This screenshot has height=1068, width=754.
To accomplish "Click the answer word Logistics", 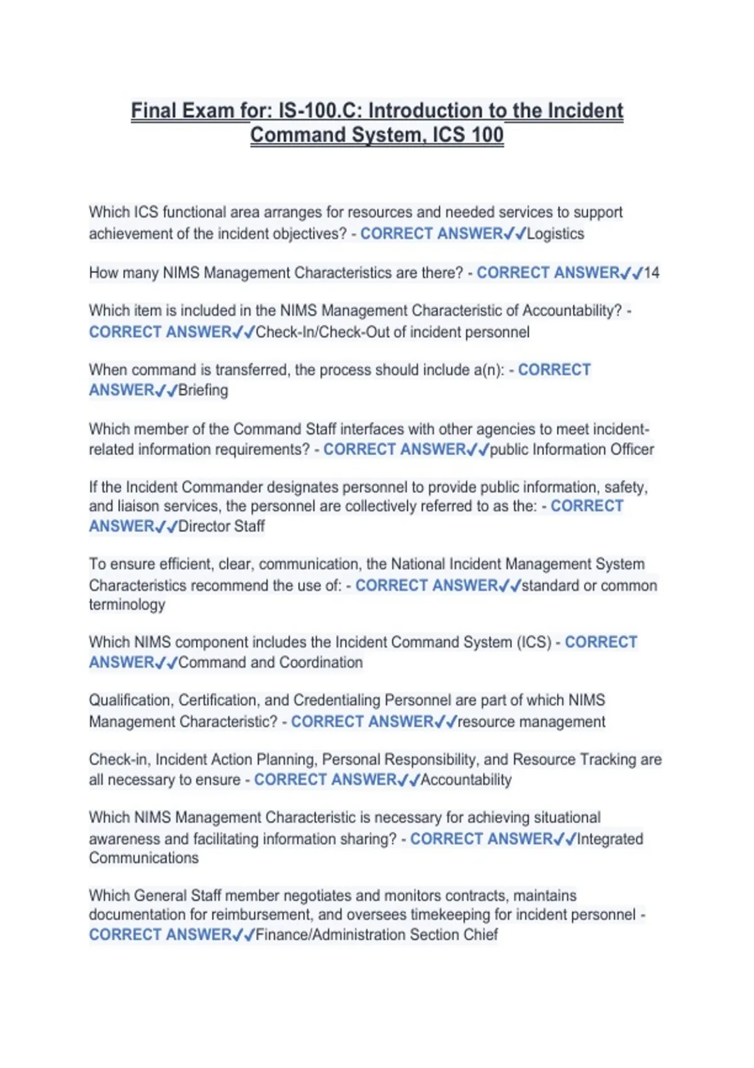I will click(555, 234).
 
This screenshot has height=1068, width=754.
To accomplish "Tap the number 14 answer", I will click(652, 273).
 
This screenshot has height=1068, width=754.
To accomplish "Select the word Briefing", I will click(203, 390).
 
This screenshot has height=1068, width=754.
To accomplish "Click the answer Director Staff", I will click(221, 526).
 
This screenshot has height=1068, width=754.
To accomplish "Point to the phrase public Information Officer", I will click(572, 449).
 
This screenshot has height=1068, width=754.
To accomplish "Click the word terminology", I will click(127, 604).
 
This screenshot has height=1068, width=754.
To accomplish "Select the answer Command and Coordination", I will click(270, 662).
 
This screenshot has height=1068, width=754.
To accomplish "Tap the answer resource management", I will click(531, 721).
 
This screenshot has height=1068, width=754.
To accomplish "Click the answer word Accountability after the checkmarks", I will click(466, 780).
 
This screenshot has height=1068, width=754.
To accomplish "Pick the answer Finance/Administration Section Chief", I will click(376, 934).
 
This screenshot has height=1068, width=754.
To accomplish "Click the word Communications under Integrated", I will click(144, 858).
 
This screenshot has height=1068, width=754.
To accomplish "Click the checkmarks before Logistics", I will click(515, 234).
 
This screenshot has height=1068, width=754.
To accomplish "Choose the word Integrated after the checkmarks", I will click(610, 839).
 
